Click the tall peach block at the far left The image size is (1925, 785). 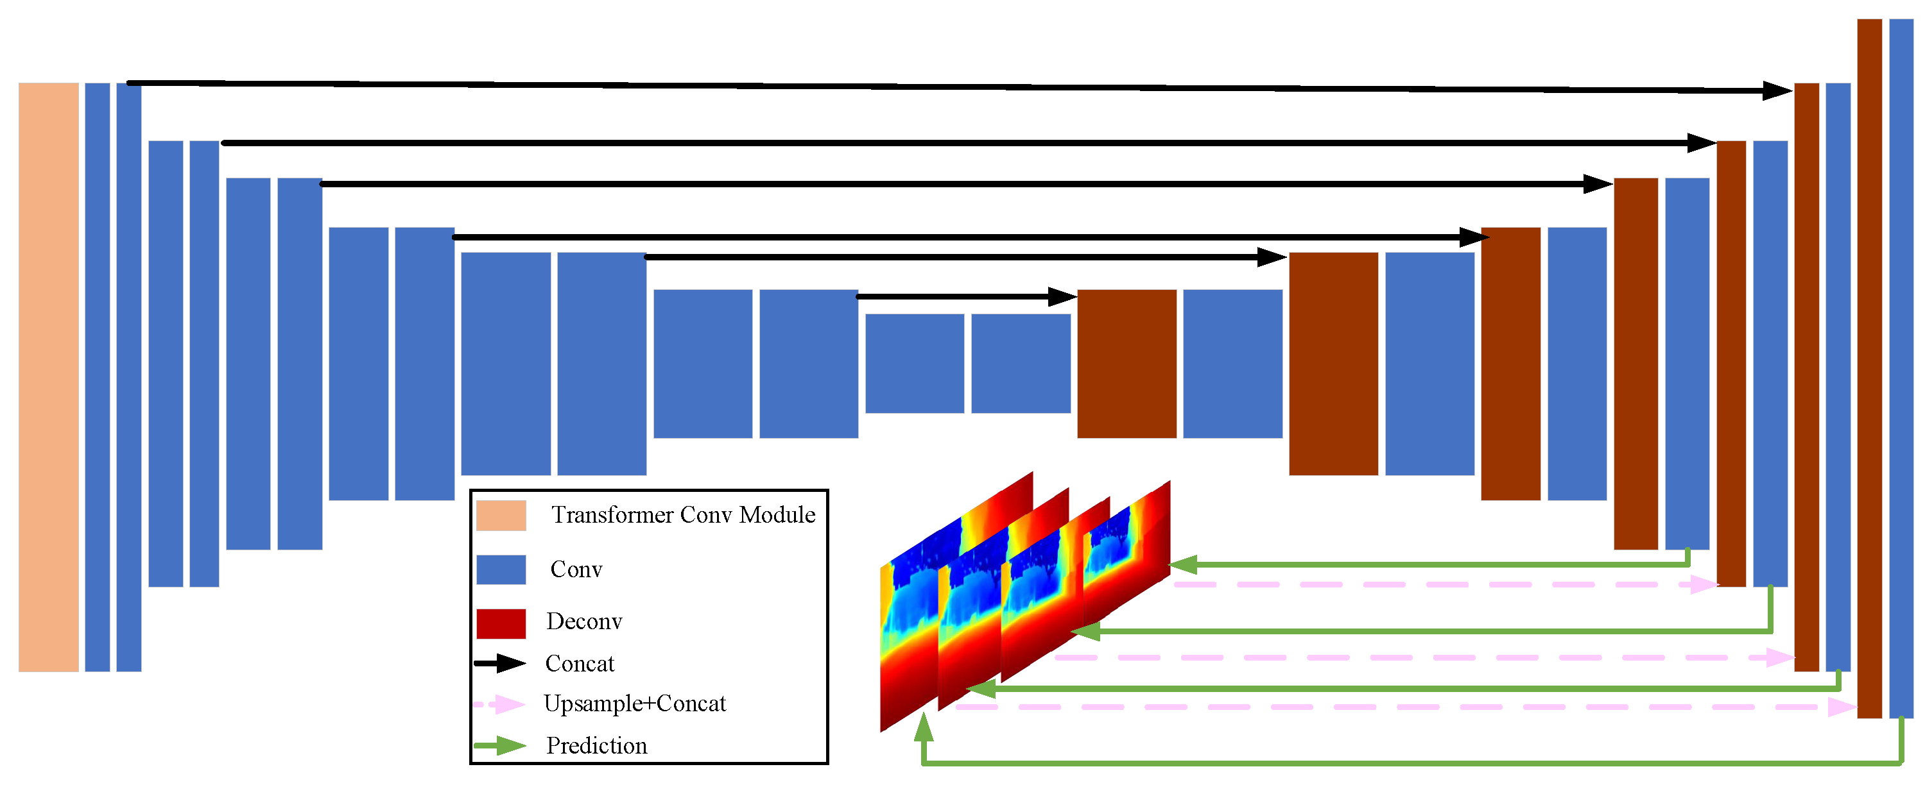(x=49, y=377)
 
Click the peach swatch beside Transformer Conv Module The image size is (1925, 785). (x=501, y=516)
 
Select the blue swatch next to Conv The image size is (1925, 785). (x=501, y=569)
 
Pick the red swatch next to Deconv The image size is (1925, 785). (x=501, y=623)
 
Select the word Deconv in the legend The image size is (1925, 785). (x=583, y=621)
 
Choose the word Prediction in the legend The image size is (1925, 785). (x=596, y=745)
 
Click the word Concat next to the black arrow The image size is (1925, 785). (x=579, y=663)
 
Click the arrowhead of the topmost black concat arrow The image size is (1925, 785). (x=1777, y=91)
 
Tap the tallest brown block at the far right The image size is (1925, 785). (x=1870, y=368)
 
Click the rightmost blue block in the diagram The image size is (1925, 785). (x=1901, y=368)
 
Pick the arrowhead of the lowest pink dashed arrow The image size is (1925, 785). (x=1842, y=707)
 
